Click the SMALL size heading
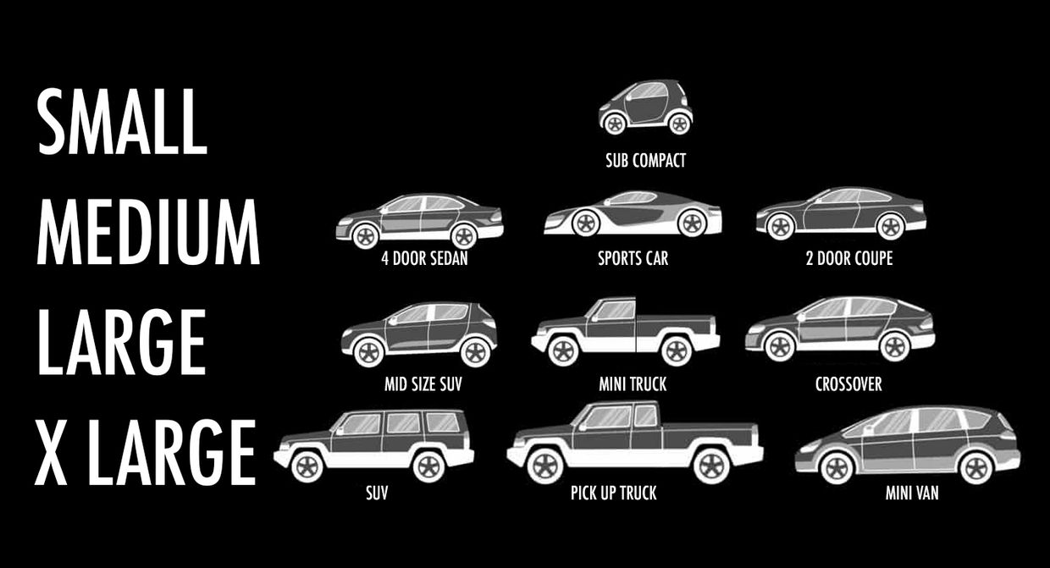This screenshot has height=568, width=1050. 122,121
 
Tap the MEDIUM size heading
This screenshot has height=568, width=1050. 148,232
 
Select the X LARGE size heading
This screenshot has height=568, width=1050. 146,452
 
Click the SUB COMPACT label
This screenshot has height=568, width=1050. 645,161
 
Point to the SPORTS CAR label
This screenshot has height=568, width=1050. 633,258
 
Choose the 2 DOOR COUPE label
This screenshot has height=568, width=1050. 849,258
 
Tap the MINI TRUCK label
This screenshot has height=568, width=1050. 633,384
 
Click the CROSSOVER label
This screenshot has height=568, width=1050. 848,384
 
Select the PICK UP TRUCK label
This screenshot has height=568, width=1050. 614,493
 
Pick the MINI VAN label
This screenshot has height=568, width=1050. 912,493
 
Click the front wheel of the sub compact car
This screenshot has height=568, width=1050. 614,124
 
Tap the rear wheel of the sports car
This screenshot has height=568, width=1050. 693,223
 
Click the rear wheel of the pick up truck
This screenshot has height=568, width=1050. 711,466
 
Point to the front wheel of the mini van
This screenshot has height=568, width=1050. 837,468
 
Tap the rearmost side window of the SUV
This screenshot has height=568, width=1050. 442,422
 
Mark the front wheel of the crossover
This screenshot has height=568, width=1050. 780,347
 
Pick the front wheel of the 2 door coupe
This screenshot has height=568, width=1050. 780,227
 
